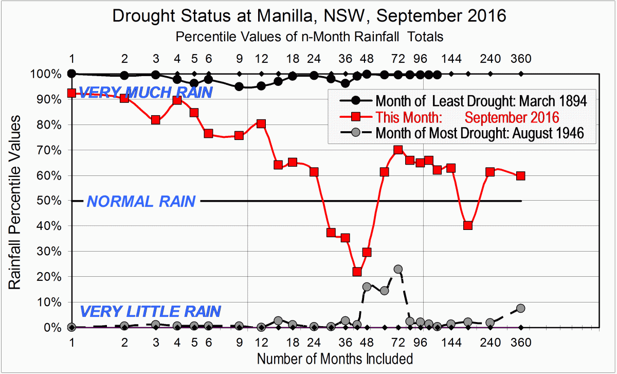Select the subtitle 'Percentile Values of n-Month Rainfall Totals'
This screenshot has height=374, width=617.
(309, 37)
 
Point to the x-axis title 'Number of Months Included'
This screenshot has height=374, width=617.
(335, 358)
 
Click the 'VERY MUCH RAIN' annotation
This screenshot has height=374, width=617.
(146, 93)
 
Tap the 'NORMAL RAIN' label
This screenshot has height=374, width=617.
(141, 201)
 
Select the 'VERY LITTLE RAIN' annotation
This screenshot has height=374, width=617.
(151, 311)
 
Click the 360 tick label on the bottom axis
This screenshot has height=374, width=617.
(521, 342)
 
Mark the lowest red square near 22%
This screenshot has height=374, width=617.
(357, 272)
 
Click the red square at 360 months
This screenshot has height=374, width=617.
(521, 176)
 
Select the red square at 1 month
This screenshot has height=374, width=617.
(72, 93)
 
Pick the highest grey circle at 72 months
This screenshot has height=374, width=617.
(398, 269)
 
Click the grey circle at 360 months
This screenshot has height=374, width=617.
(521, 308)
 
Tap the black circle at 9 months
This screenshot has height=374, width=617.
(239, 86)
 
